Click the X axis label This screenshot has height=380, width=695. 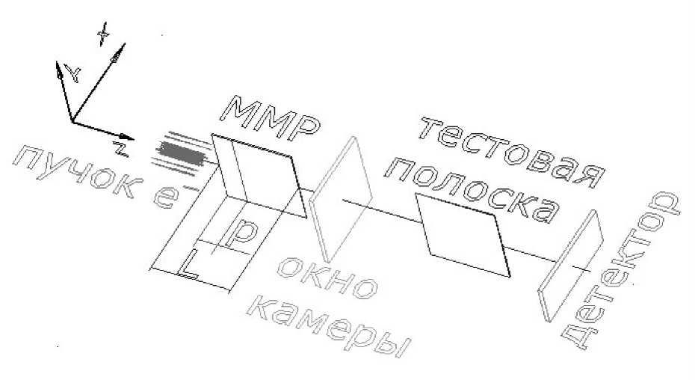point(103,34)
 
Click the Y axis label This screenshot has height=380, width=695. point(73,73)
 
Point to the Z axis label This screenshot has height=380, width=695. point(120,149)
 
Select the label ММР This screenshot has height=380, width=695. point(270,118)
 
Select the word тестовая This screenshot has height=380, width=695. point(512,153)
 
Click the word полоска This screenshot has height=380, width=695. point(473,189)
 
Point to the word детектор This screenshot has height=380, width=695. point(620,271)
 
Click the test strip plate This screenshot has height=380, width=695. point(463,236)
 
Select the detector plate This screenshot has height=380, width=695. point(570,266)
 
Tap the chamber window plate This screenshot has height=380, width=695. point(340,199)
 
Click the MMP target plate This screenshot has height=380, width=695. point(259,176)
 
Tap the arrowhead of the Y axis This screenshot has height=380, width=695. point(58,70)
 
